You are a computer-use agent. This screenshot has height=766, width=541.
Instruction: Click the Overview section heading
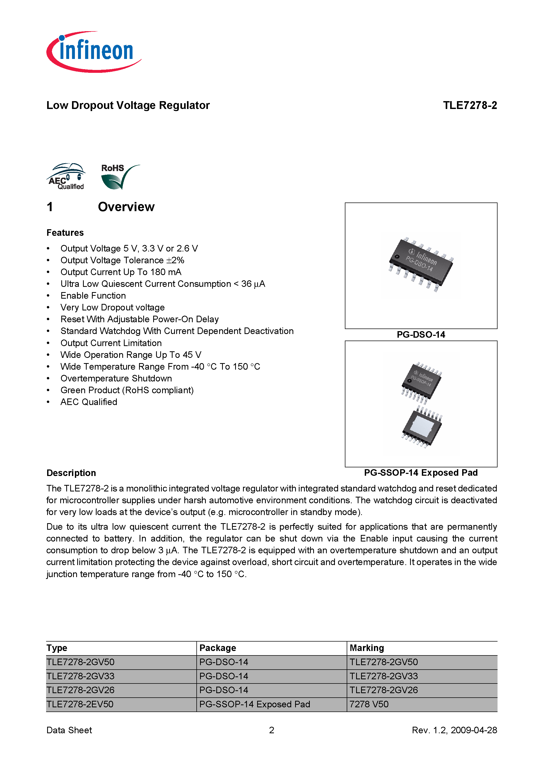click(126, 207)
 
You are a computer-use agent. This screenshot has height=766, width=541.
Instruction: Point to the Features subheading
click(65, 233)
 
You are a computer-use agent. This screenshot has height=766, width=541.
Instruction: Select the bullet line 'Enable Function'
click(93, 296)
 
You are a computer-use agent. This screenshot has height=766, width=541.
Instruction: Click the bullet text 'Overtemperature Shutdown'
click(116, 378)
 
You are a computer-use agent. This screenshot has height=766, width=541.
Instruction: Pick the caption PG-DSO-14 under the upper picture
click(421, 335)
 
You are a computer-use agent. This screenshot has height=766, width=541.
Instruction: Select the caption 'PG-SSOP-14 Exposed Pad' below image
click(421, 473)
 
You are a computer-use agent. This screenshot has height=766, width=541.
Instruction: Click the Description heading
click(71, 473)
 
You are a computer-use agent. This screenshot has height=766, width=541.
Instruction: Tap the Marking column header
click(367, 648)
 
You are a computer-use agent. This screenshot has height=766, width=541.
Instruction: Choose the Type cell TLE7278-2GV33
click(80, 676)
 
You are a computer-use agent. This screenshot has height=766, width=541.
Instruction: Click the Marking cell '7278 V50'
click(369, 704)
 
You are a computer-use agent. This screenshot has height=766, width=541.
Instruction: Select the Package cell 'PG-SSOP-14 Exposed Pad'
click(255, 704)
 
